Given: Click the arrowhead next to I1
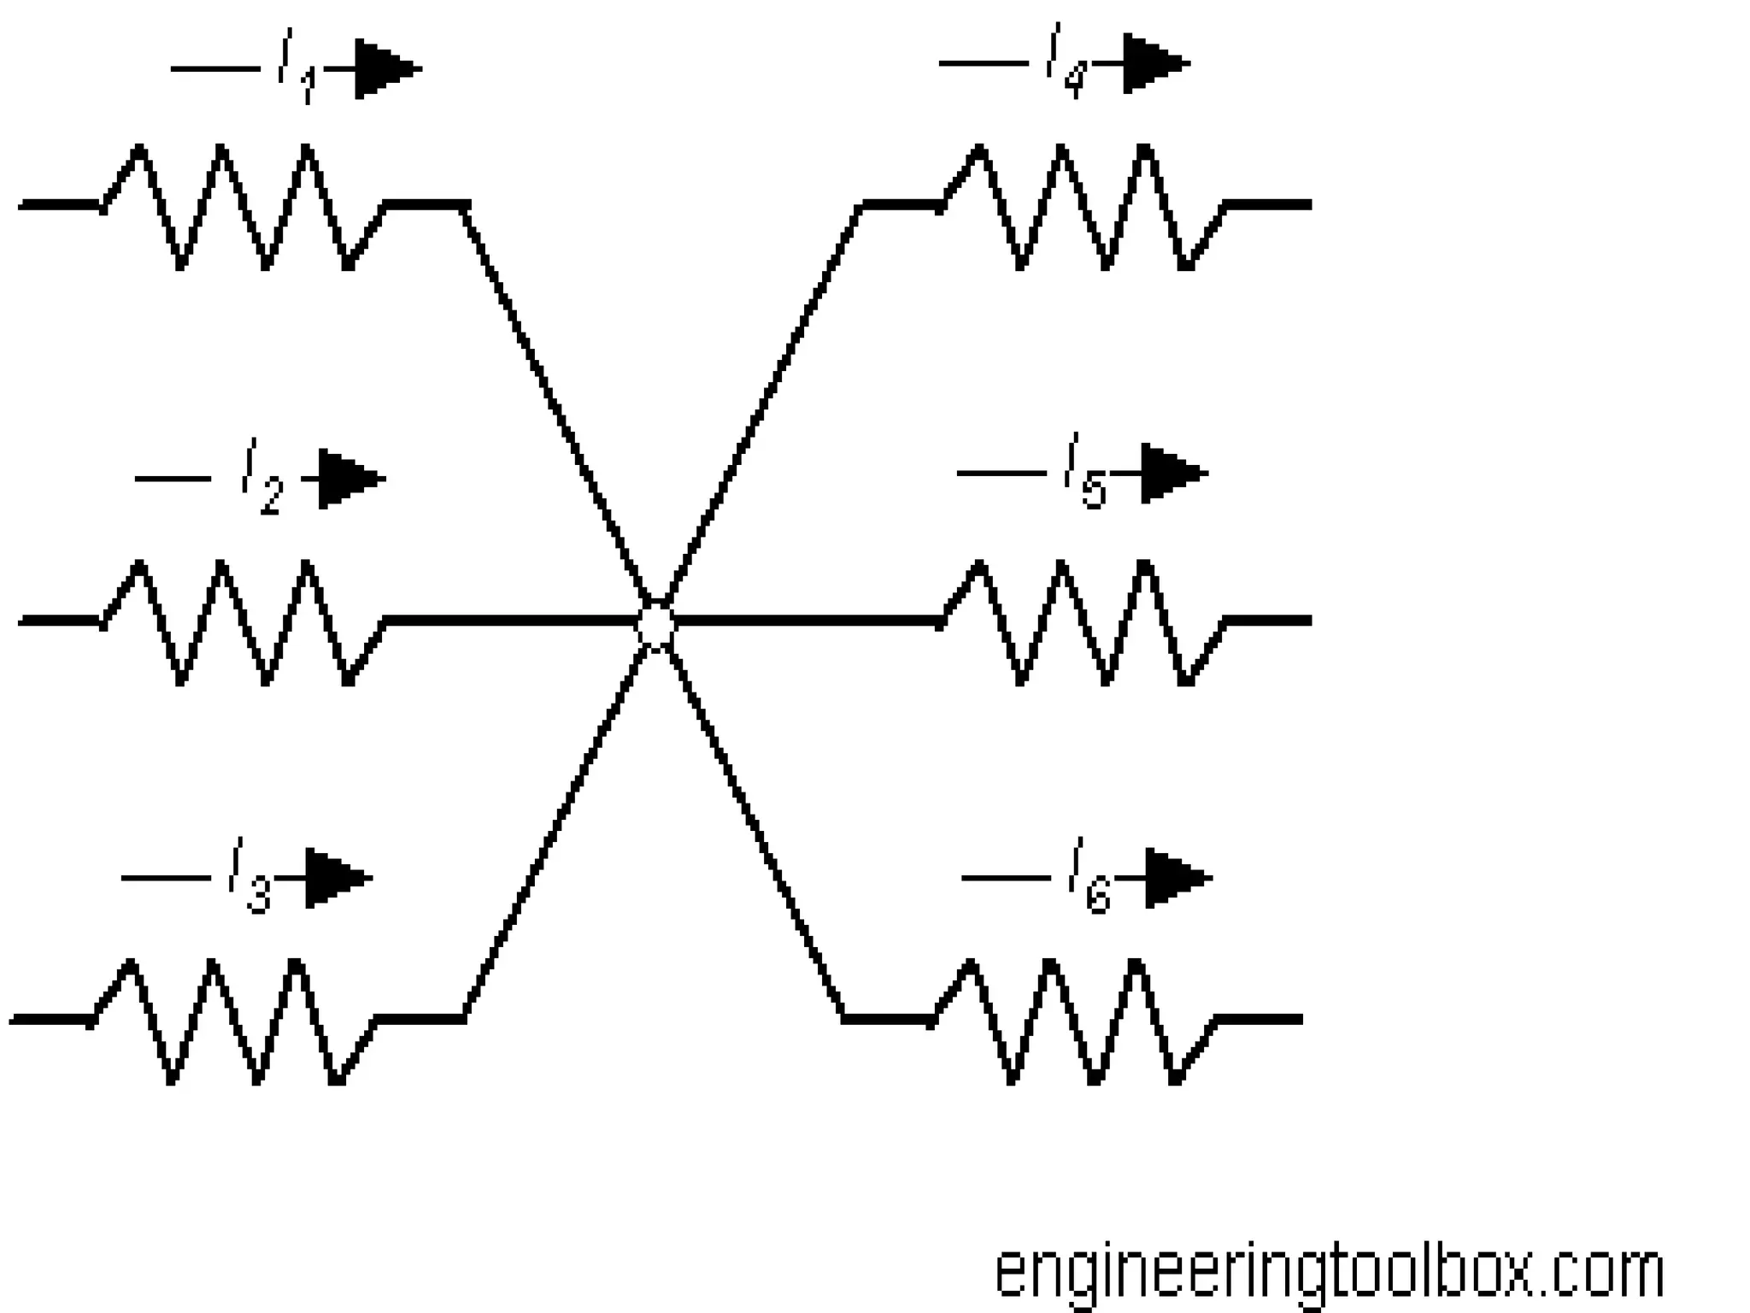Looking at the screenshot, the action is (385, 68).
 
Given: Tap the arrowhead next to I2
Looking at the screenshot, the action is (349, 479).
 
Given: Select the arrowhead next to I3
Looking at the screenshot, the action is (337, 877).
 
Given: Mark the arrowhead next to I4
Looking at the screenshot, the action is (1154, 63).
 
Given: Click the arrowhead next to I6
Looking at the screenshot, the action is (1177, 877).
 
